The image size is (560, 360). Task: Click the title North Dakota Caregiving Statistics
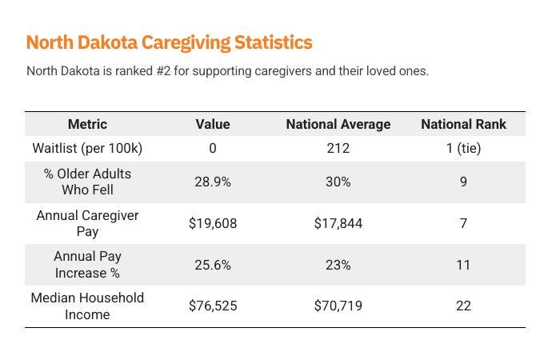point(169,42)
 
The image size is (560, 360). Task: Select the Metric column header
point(87,124)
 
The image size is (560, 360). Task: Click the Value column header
point(213,124)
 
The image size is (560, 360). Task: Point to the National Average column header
point(338,124)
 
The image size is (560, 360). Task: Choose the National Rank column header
point(463,124)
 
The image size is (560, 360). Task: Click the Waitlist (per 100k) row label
point(87,148)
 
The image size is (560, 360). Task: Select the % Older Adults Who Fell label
point(87,182)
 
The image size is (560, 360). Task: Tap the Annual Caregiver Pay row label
point(87,223)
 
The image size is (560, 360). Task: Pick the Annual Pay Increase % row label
point(87,265)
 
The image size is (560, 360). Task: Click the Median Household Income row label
point(87,306)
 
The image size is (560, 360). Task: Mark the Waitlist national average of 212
point(338,148)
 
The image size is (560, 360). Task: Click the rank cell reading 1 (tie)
point(463,148)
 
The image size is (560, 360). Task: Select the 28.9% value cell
point(213,182)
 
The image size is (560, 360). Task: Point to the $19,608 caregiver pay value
point(213,223)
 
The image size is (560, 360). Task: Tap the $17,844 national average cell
point(338,223)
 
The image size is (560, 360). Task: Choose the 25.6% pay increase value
point(213,265)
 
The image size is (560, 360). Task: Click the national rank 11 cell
point(463,265)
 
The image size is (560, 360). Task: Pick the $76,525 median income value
point(213,306)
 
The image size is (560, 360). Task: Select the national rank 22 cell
point(463,306)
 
